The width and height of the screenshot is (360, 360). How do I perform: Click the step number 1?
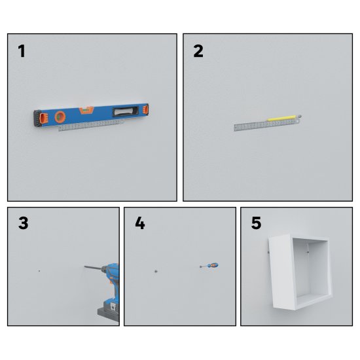pyautogui.click(x=22, y=51)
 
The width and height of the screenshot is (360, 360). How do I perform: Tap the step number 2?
pyautogui.click(x=198, y=51)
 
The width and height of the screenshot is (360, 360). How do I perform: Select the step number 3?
pyautogui.click(x=23, y=223)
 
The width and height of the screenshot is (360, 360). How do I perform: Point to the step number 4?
pyautogui.click(x=140, y=223)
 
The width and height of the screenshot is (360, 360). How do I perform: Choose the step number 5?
pyautogui.click(x=256, y=223)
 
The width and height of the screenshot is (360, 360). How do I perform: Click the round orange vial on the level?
pyautogui.click(x=60, y=117)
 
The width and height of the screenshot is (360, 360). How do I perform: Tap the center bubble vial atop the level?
pyautogui.click(x=86, y=110)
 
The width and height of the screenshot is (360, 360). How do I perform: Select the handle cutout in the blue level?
pyautogui.click(x=126, y=111)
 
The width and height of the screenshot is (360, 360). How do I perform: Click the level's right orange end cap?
pyautogui.click(x=145, y=109)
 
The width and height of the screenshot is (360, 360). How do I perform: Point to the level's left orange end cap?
pyautogui.click(x=43, y=118)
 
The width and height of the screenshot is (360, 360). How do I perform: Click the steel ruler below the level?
pyautogui.click(x=91, y=126)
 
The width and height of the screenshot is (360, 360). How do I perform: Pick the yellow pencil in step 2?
pyautogui.click(x=282, y=118)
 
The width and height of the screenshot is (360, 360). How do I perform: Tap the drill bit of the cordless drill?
pyautogui.click(x=92, y=268)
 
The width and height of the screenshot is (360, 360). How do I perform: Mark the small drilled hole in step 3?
pyautogui.click(x=39, y=271)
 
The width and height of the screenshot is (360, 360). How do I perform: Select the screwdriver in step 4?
pyautogui.click(x=209, y=266)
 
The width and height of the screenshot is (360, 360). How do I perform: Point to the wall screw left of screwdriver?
pyautogui.click(x=156, y=271)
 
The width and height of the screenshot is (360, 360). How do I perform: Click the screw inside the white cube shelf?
pyautogui.click(x=308, y=252)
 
